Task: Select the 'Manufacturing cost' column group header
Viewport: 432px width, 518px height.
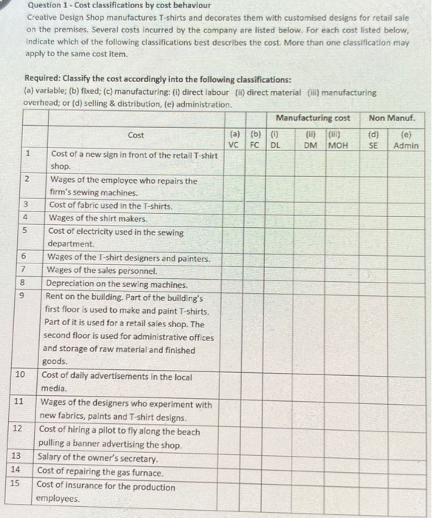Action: coord(313,118)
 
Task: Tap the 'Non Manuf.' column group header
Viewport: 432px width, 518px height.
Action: coord(392,118)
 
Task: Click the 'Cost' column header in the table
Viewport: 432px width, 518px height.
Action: coord(136,135)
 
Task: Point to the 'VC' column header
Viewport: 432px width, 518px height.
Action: coord(234,146)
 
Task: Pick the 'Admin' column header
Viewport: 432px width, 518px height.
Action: coord(405,146)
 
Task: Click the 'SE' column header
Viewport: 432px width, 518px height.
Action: coord(374,146)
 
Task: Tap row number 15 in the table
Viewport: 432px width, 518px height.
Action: coord(16,483)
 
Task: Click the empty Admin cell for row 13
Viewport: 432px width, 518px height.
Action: coord(405,458)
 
